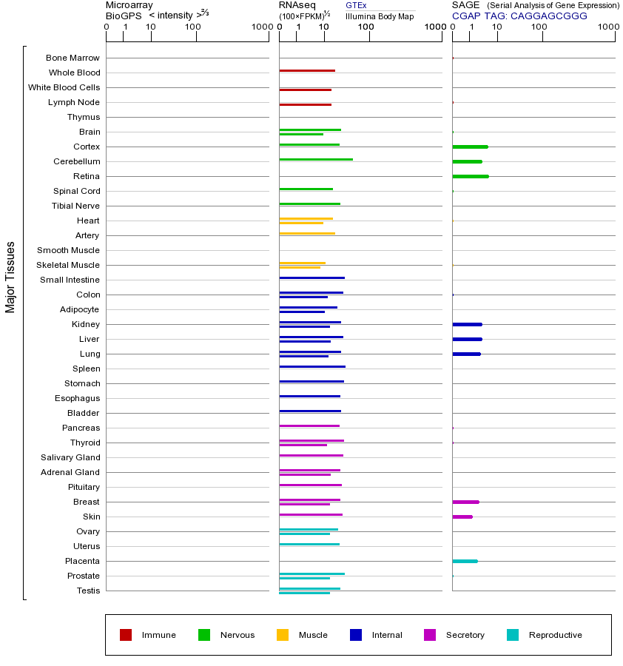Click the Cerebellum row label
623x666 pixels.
click(x=76, y=161)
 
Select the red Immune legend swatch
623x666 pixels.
click(x=126, y=635)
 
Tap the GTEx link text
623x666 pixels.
click(x=356, y=6)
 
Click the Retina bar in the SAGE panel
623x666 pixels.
click(x=470, y=176)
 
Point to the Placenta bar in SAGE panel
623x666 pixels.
click(x=465, y=561)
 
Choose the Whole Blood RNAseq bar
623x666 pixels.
click(x=307, y=70)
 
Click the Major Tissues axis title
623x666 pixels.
click(x=10, y=277)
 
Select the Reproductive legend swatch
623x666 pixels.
click(x=513, y=635)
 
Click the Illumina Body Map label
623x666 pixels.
click(x=380, y=16)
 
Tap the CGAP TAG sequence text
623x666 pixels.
click(x=519, y=16)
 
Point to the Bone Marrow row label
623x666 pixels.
click(x=73, y=58)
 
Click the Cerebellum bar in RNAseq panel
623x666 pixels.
click(x=316, y=159)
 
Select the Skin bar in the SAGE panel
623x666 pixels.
click(x=462, y=517)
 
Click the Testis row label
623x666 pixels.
click(x=88, y=591)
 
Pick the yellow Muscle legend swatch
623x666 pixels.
click(x=283, y=635)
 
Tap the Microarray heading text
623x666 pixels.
click(x=129, y=5)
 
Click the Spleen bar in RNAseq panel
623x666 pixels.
click(x=312, y=366)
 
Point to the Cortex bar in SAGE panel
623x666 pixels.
click(x=470, y=147)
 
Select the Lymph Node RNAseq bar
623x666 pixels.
click(x=305, y=104)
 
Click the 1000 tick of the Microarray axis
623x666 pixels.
click(x=260, y=27)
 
